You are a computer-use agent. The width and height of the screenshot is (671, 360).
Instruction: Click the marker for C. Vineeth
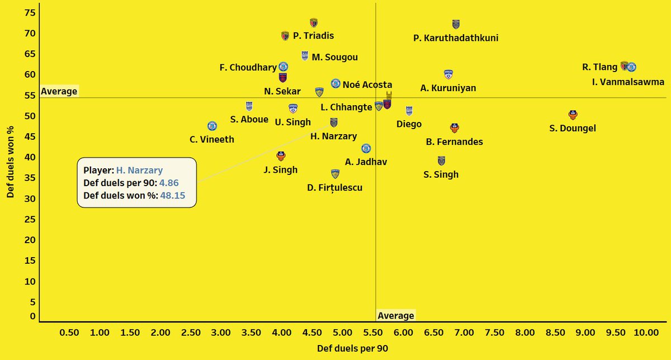pyautogui.click(x=212, y=126)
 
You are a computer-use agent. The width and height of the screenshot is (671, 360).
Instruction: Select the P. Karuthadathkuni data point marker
pyautogui.click(x=456, y=24)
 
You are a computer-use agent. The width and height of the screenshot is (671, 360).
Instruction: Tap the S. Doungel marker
pyautogui.click(x=573, y=115)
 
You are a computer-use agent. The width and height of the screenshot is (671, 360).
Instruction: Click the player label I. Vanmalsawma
pyautogui.click(x=628, y=82)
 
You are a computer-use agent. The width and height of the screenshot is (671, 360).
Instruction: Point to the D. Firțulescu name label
pyautogui.click(x=335, y=188)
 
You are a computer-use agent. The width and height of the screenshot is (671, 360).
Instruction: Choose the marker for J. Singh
pyautogui.click(x=281, y=156)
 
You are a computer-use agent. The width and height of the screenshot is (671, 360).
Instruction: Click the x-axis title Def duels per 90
pyautogui.click(x=352, y=348)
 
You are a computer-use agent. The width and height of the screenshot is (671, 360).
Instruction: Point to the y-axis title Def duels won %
pyautogui.click(x=10, y=161)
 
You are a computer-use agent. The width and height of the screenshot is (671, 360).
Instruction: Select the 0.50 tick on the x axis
pyautogui.click(x=69, y=333)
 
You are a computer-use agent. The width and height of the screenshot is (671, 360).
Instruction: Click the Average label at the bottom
pyautogui.click(x=396, y=316)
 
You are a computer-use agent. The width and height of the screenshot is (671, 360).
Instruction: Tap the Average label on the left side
pyautogui.click(x=59, y=91)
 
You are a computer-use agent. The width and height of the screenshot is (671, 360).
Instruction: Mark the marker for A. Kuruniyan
pyautogui.click(x=448, y=74)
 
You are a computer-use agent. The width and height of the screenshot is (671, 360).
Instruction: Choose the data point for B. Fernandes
pyautogui.click(x=455, y=128)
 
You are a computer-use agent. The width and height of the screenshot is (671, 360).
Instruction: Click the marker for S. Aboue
pyautogui.click(x=249, y=106)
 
